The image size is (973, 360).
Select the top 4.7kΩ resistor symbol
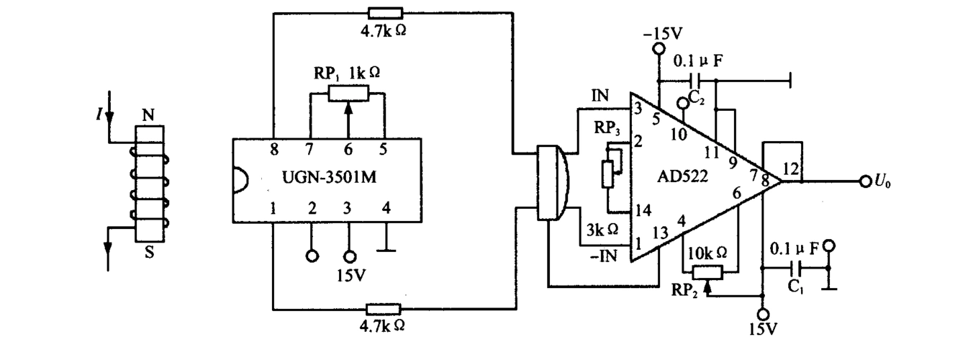[385, 12]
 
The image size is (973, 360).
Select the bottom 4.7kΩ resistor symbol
[385, 309]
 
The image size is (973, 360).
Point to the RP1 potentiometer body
[348, 92]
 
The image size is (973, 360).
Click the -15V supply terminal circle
[657, 49]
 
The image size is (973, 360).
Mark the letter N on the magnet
[147, 114]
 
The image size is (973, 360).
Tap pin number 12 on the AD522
[790, 169]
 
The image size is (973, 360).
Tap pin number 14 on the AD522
[636, 212]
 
